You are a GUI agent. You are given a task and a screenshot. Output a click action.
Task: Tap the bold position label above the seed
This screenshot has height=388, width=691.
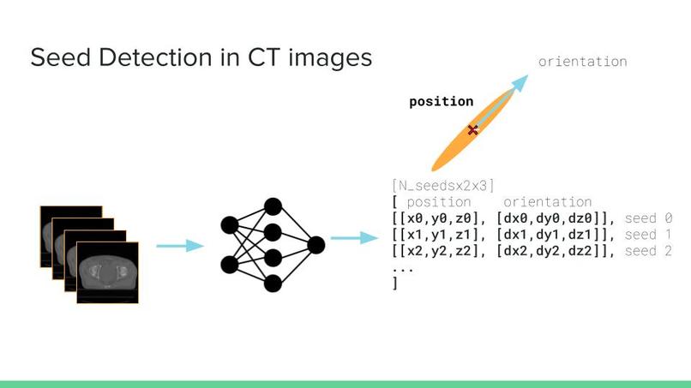pos(441,101)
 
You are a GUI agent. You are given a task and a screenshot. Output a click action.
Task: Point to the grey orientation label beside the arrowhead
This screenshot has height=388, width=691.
pos(582,62)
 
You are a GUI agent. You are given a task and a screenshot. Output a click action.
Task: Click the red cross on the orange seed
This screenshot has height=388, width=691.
pos(472,130)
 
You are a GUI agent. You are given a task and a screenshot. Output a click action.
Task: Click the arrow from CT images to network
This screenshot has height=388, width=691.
pos(179,246)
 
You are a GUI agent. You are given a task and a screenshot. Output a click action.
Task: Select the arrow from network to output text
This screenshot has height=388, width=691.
pos(354,237)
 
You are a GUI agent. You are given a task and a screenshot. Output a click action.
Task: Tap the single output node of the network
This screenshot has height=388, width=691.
pos(316,245)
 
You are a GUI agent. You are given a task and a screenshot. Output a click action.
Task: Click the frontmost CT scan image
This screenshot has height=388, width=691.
pos(107,272)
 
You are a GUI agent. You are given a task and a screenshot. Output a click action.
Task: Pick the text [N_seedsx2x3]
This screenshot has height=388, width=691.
pos(442,185)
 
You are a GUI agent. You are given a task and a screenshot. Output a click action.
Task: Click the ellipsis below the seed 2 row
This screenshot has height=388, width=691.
pos(402,268)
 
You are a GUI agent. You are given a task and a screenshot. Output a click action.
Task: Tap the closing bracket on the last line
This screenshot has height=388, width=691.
pos(394,283)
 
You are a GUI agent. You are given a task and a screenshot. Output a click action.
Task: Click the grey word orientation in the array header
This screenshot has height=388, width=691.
pos(547,202)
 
